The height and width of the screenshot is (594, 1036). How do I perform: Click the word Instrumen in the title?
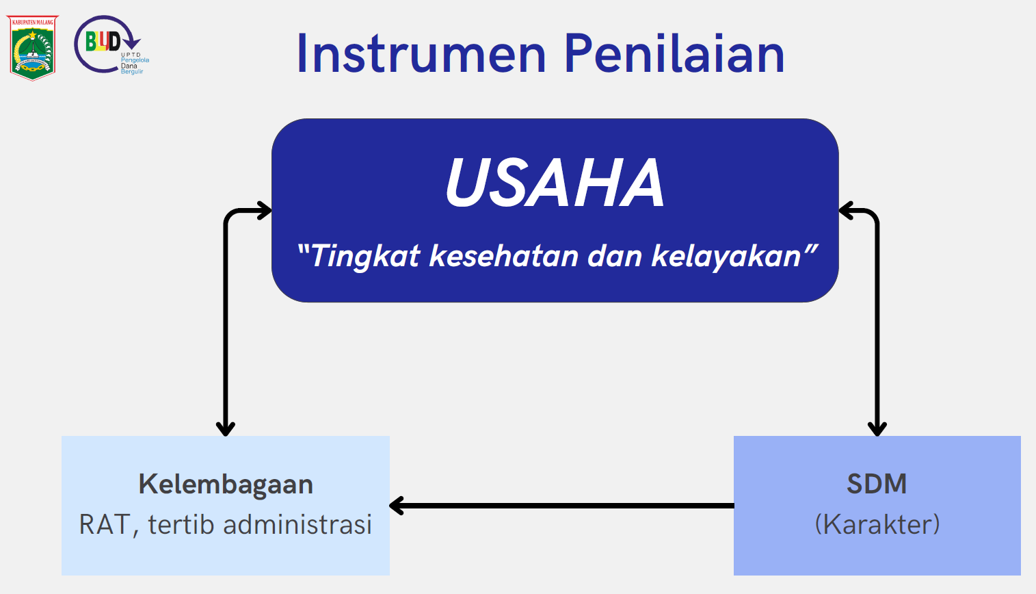[x=421, y=53]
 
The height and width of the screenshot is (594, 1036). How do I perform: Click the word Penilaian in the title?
[x=674, y=53]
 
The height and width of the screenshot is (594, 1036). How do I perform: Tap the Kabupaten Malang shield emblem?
[x=32, y=48]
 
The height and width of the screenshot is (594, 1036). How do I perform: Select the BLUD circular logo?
[x=111, y=44]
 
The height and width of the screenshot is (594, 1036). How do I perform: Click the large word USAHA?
[x=555, y=183]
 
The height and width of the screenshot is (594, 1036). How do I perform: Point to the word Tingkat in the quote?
[x=359, y=256]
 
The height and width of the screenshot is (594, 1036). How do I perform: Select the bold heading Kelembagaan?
[x=226, y=485]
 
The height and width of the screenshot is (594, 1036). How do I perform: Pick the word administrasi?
[x=297, y=525]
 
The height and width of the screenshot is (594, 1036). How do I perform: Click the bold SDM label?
[x=877, y=485]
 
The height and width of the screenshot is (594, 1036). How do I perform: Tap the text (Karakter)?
[x=877, y=525]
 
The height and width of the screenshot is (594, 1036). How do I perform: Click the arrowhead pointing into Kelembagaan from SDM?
[x=397, y=506]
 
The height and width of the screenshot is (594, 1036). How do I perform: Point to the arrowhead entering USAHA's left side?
[x=265, y=211]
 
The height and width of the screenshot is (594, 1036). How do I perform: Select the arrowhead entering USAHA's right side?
[x=846, y=211]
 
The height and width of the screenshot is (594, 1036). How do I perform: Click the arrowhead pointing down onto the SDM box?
[x=877, y=429]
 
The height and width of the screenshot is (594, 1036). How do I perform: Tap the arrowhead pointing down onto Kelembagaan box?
[x=226, y=429]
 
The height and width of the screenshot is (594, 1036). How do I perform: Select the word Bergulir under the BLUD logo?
[x=132, y=72]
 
